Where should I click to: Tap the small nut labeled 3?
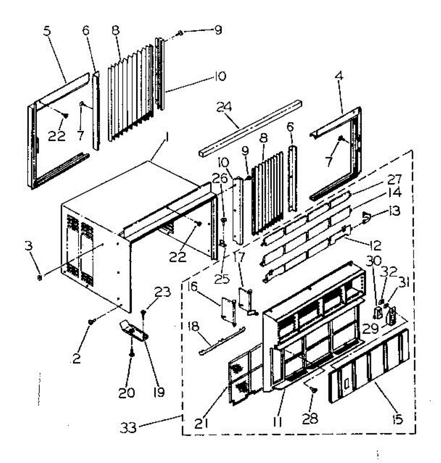[40, 277]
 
